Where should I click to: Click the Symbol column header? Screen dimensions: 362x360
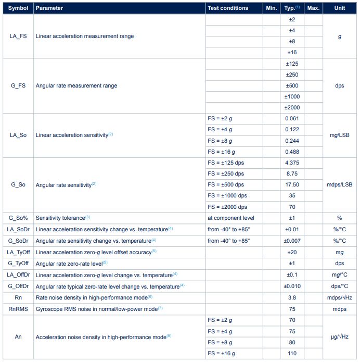pyautogui.click(x=18, y=8)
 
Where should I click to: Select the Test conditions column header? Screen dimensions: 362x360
pyautogui.click(x=228, y=8)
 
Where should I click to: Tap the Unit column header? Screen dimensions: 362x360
pyautogui.click(x=340, y=8)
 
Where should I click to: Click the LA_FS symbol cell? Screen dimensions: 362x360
pyautogui.click(x=18, y=36)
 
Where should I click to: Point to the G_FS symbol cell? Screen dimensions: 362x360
pyautogui.click(x=18, y=85)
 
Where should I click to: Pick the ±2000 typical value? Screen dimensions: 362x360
pyautogui.click(x=291, y=107)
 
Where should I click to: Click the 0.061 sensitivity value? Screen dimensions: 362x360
pyautogui.click(x=291, y=119)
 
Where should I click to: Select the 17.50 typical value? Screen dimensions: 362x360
pyautogui.click(x=291, y=184)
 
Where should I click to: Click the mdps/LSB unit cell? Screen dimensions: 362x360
pyautogui.click(x=340, y=184)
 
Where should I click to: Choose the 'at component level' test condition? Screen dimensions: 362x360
pyautogui.click(x=231, y=218)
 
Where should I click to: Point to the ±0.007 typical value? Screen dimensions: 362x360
pyautogui.click(x=291, y=241)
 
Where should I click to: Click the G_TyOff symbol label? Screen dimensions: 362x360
pyautogui.click(x=18, y=263)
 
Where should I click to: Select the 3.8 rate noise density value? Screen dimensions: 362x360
pyautogui.click(x=291, y=297)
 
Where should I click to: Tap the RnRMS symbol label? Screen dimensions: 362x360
pyautogui.click(x=18, y=308)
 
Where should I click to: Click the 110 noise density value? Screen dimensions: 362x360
pyautogui.click(x=291, y=354)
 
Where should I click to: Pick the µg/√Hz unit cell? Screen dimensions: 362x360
pyautogui.click(x=340, y=336)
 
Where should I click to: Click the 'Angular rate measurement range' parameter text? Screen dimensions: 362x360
pyautogui.click(x=76, y=85)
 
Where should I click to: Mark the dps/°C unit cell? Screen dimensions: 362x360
pyautogui.click(x=340, y=286)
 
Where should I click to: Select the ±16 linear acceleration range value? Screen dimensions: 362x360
pyautogui.click(x=291, y=53)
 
